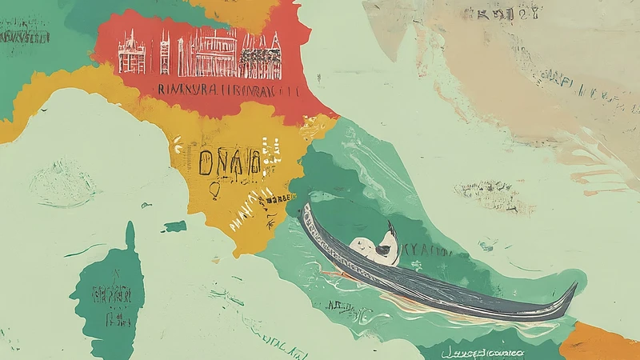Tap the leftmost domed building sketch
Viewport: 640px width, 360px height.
click(132, 56)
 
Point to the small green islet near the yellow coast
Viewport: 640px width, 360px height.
click(175, 227)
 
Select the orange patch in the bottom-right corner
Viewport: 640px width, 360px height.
click(600, 342)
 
